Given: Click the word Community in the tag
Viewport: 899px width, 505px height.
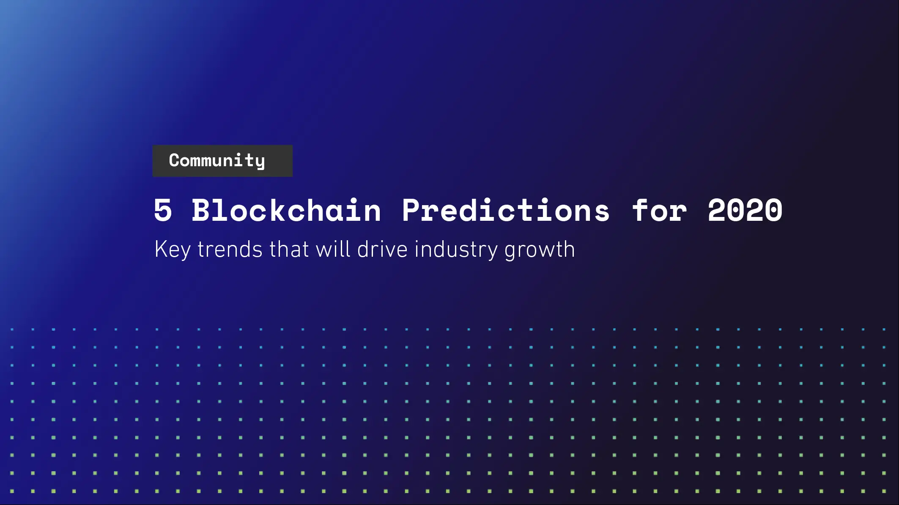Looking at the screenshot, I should click(x=217, y=161).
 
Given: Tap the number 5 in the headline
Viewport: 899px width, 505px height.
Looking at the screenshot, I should click(x=163, y=210).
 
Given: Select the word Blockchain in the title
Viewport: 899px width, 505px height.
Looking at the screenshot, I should click(x=286, y=210).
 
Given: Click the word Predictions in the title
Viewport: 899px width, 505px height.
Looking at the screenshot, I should click(x=506, y=210).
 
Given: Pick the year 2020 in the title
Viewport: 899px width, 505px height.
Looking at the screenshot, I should click(x=745, y=210).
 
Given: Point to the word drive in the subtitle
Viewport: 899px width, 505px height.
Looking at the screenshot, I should click(x=382, y=249).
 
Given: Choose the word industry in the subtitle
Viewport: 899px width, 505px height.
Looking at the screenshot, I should click(x=456, y=250).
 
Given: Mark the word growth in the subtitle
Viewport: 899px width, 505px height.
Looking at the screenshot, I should click(x=540, y=250).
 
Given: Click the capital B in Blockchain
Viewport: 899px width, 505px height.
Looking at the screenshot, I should click(x=201, y=210).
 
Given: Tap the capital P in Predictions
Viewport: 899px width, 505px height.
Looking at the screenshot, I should click(x=411, y=210).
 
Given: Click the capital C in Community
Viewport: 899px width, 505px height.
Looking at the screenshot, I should click(x=174, y=160).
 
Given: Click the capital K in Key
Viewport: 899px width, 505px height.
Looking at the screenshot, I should click(x=161, y=249).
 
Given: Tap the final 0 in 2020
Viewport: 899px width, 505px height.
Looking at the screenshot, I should click(x=774, y=210).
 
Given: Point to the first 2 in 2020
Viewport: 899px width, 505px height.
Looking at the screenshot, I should click(x=717, y=210).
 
